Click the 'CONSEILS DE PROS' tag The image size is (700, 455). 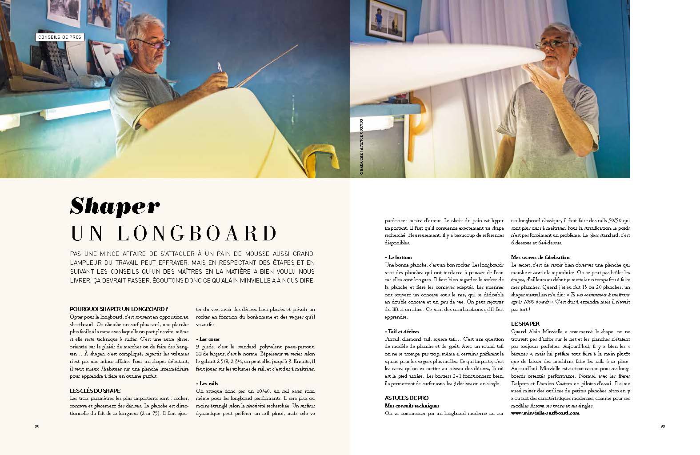pos(59,37)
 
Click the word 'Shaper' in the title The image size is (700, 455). pos(115,206)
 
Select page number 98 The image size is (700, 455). pos(37,426)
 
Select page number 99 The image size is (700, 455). pos(662,426)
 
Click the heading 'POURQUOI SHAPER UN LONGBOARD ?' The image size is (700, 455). pos(119,309)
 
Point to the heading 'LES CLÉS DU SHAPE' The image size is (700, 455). pos(95,391)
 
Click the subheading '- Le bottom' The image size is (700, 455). pos(398,257)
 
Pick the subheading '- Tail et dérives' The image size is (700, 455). pos(402,331)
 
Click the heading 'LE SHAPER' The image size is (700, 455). pos(525,324)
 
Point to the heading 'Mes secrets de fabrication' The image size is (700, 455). pos(540,257)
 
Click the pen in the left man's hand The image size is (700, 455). pos(219,67)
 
